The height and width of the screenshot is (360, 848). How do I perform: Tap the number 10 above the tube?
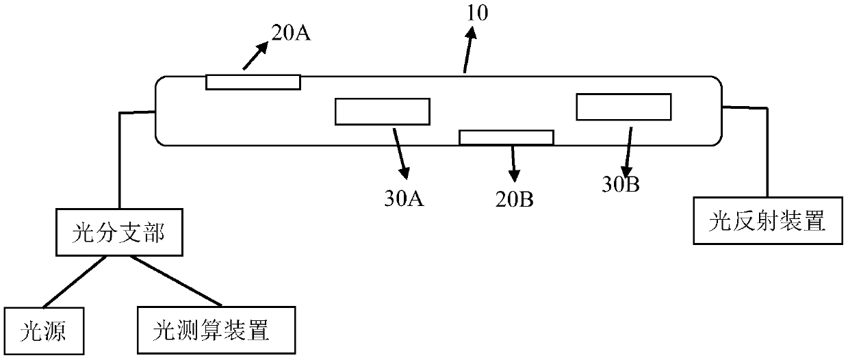coord(478,13)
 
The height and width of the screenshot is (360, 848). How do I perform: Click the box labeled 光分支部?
coord(118,233)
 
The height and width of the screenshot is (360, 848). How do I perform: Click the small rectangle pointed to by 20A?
coord(253,81)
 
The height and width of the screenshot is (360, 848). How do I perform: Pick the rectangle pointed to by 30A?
coord(382,112)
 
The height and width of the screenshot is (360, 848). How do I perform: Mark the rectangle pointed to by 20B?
coord(506,138)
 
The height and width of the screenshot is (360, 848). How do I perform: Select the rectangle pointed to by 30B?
coord(624,107)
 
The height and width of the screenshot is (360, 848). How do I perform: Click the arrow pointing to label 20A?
coord(253,56)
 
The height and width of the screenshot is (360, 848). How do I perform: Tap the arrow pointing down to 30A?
coord(400,151)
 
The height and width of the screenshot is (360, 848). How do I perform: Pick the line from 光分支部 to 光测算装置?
coord(177,281)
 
